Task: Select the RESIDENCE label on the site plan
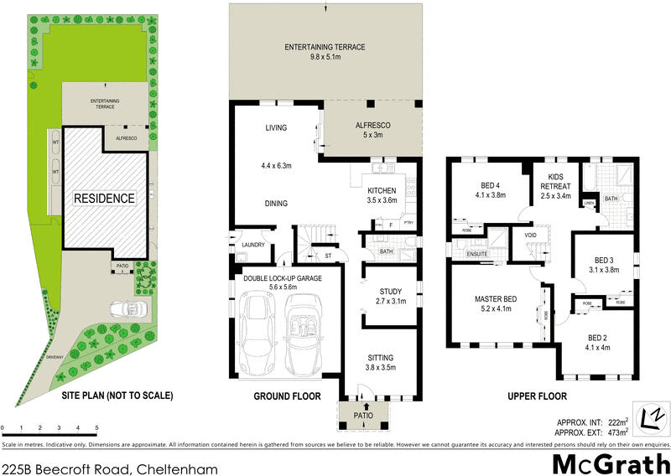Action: pyautogui.click(x=104, y=199)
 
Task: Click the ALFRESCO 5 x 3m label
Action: pyautogui.click(x=371, y=131)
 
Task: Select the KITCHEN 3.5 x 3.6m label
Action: pyautogui.click(x=382, y=196)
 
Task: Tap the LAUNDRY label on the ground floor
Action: pyautogui.click(x=252, y=245)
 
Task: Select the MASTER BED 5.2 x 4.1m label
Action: pyautogui.click(x=495, y=304)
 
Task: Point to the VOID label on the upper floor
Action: pyautogui.click(x=530, y=235)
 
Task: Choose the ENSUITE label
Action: pyautogui.click(x=477, y=252)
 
